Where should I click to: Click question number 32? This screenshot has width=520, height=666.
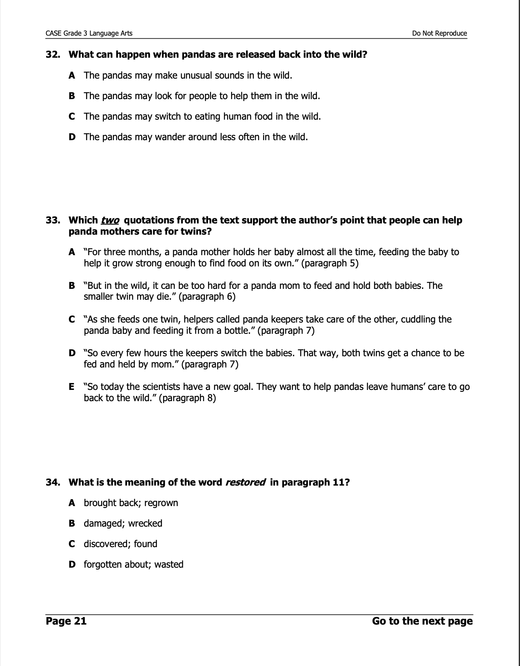53,55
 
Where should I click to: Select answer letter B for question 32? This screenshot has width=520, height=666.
72,96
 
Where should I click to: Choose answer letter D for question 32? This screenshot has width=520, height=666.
72,137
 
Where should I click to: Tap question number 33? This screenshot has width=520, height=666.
53,220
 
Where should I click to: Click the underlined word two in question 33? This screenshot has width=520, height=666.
110,220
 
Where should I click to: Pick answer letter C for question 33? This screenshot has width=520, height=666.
72,319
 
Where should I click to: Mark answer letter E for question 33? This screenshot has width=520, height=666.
72,387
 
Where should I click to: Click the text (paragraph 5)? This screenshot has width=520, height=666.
330,263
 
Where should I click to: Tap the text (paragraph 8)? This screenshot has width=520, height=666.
187,398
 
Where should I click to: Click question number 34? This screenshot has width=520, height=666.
53,482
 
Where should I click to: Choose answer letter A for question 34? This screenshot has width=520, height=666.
72,503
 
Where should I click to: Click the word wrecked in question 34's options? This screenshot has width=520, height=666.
145,524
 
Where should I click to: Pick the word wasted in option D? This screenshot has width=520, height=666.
169,565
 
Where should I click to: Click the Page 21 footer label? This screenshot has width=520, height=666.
66,621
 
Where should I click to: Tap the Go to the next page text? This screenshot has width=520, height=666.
422,621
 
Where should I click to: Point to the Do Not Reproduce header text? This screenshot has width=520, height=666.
439,33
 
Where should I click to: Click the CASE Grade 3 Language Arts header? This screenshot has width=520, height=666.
89,33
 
